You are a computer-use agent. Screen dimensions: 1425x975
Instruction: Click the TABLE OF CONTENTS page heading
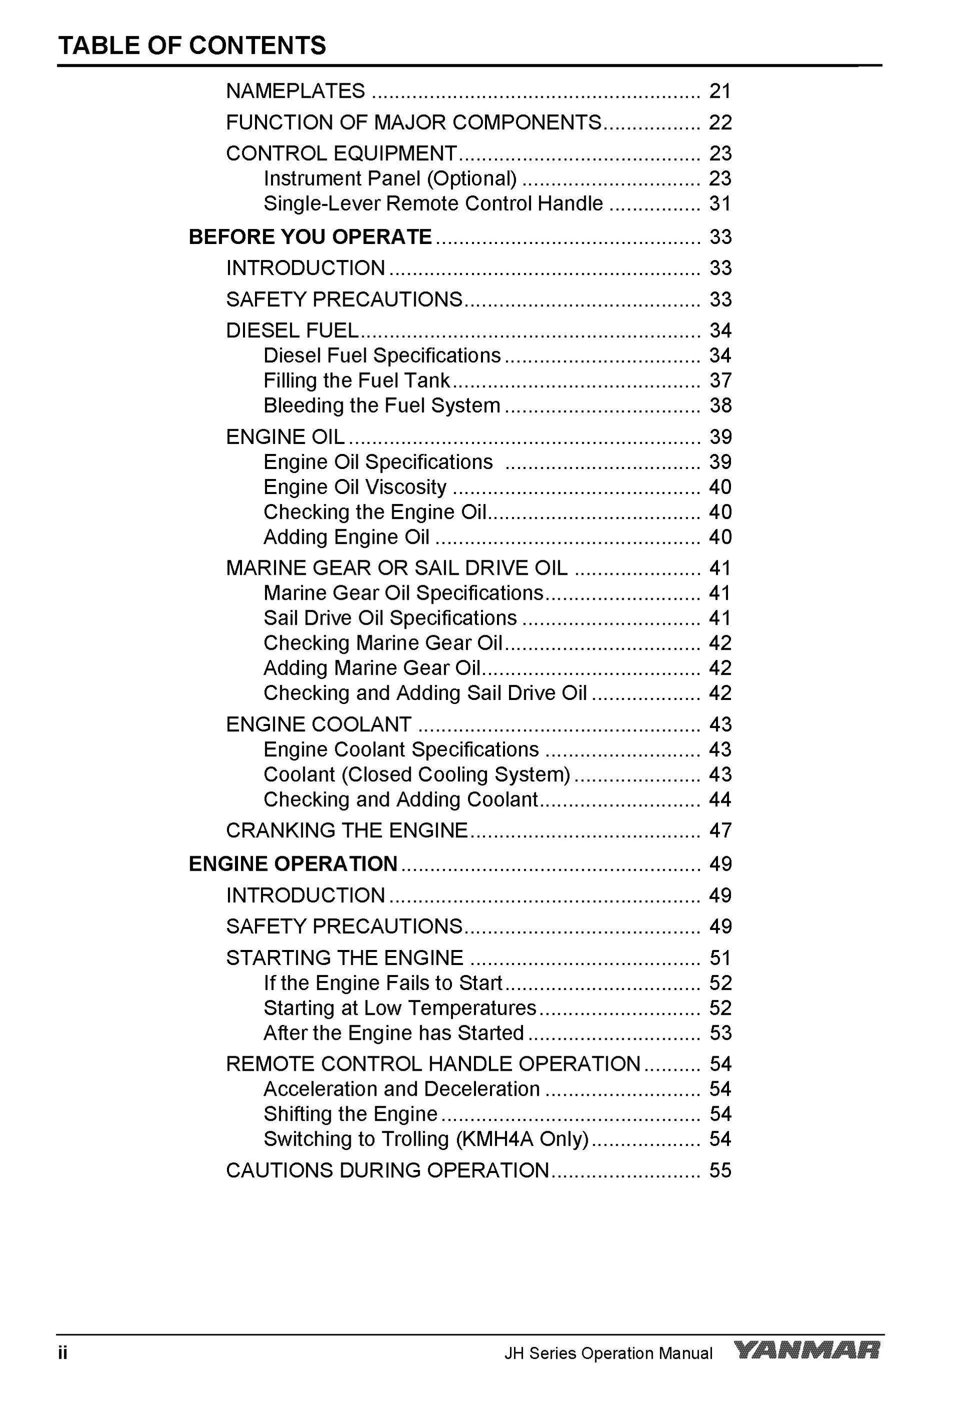(x=192, y=46)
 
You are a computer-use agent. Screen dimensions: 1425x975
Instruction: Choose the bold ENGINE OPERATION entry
(x=293, y=864)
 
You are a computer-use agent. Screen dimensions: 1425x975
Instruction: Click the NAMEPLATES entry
(x=296, y=91)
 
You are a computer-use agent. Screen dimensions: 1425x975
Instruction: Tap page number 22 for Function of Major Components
(x=720, y=123)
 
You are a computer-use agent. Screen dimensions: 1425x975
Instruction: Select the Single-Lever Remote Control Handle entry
(x=433, y=203)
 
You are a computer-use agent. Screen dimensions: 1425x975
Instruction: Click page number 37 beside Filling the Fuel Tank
(x=720, y=381)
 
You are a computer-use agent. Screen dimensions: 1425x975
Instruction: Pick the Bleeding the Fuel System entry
(x=381, y=406)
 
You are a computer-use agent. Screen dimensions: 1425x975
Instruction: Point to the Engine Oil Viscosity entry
(x=355, y=487)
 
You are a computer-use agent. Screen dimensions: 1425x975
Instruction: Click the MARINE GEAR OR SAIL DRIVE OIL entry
(x=397, y=568)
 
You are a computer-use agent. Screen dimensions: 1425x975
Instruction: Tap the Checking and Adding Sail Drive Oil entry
(x=425, y=693)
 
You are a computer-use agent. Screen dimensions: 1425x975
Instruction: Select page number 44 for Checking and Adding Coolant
(x=720, y=800)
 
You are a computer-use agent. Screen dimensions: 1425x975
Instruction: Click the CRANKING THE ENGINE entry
(x=347, y=830)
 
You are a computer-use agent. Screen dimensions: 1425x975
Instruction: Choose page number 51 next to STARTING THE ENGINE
(x=720, y=958)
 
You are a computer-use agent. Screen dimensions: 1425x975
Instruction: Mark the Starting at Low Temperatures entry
(x=400, y=1008)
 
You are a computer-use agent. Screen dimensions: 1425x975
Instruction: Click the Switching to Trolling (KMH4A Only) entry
(x=425, y=1139)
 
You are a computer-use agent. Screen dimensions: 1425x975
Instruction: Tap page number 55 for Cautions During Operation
(x=720, y=1170)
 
